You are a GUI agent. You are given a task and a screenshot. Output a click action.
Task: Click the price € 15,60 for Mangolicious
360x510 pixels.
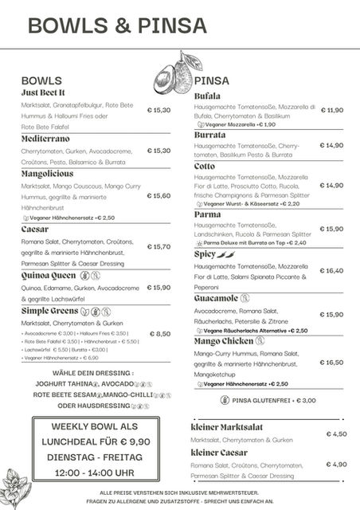click(x=158, y=195)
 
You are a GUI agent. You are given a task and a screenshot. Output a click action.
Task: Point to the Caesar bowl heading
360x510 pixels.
click(x=35, y=229)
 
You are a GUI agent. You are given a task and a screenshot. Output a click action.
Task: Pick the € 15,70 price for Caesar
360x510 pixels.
click(x=158, y=246)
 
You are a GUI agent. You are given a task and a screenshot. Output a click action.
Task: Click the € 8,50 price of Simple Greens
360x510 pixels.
click(x=159, y=334)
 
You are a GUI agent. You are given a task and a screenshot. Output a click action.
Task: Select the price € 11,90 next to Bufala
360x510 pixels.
click(x=331, y=110)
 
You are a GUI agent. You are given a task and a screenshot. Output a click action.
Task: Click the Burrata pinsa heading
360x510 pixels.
click(x=209, y=135)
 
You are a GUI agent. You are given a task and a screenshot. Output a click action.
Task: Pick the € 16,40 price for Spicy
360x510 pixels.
click(x=331, y=270)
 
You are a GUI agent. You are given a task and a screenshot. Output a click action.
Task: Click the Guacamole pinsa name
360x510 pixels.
click(x=216, y=298)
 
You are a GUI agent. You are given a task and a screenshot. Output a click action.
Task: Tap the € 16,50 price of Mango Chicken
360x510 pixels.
click(x=331, y=362)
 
